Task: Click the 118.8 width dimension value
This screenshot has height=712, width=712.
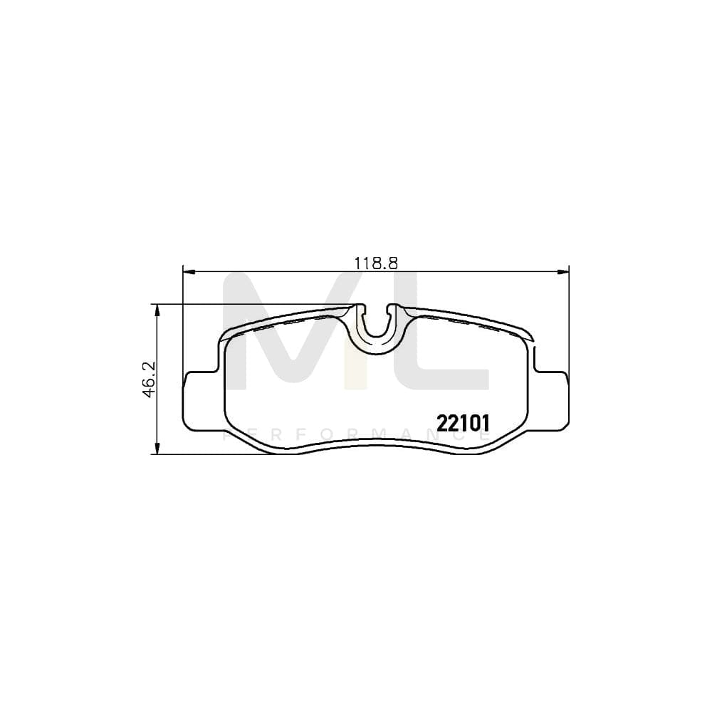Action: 375,262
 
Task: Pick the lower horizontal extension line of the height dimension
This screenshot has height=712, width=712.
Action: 214,454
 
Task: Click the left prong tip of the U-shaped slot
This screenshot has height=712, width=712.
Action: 360,308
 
